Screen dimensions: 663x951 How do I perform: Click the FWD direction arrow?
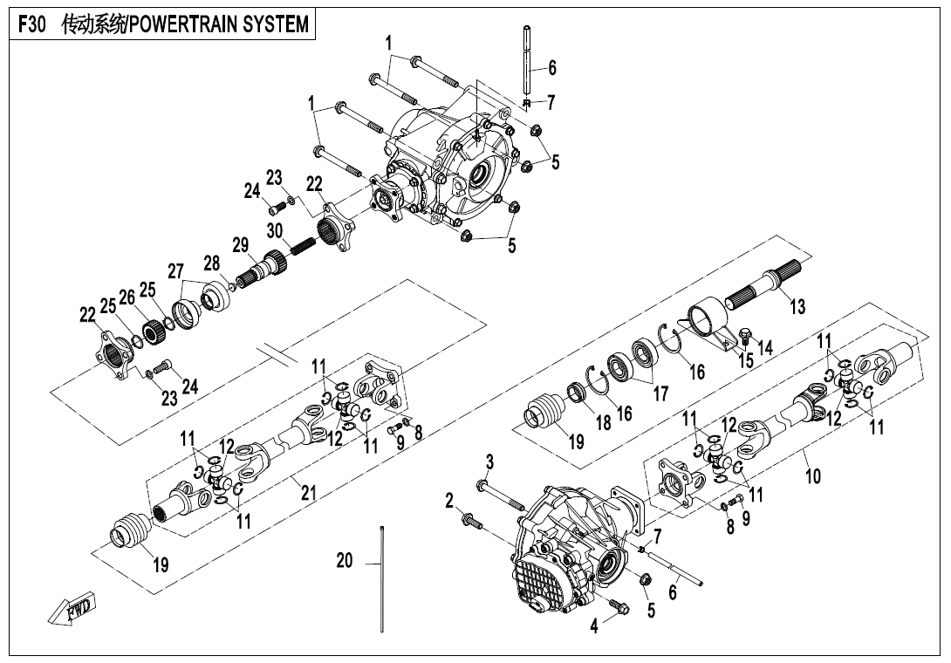click(x=72, y=609)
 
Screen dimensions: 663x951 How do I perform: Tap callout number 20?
click(x=345, y=561)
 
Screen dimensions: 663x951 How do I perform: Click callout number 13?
click(x=797, y=306)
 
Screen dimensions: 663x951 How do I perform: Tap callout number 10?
click(x=813, y=476)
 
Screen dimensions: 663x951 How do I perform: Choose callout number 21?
click(x=307, y=492)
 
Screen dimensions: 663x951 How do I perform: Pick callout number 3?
click(x=489, y=461)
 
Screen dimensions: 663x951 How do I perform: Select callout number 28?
click(x=211, y=263)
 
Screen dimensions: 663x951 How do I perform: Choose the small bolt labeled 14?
click(x=745, y=334)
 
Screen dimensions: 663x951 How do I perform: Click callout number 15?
click(x=746, y=359)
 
